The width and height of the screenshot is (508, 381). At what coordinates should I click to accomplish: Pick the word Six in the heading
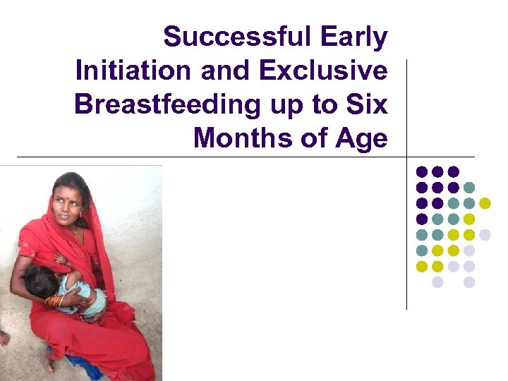368,104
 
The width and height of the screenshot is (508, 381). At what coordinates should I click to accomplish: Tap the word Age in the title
361,138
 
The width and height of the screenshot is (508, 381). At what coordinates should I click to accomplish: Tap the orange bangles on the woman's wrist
54,301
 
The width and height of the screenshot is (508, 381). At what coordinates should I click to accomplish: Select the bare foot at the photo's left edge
4,337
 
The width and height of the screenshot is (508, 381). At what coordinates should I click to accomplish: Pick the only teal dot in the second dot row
469,188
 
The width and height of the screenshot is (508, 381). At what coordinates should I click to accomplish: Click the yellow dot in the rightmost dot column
485,203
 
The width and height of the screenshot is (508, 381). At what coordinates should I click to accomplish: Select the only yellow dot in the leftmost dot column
422,266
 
